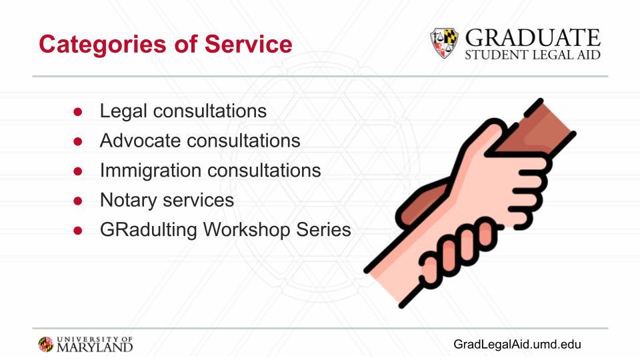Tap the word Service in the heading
248,44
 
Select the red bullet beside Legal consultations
78,112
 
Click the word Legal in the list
123,111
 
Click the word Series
324,229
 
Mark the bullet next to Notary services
78,201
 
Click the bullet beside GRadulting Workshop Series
78,231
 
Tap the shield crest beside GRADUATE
444,43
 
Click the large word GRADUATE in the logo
533,38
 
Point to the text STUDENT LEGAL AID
533,55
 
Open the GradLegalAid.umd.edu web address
517,344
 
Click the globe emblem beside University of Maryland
46,345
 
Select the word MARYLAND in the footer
95,347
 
